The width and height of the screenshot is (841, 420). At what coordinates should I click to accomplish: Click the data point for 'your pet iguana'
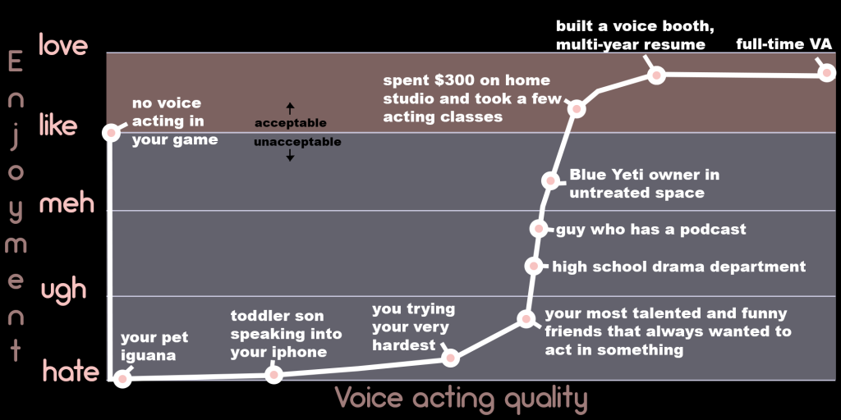pos(122,379)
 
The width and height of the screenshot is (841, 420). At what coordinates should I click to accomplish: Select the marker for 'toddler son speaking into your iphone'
pos(273,374)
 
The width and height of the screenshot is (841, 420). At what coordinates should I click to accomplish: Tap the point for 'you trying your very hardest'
pos(451,358)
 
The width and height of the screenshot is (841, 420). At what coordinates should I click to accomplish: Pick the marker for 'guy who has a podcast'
pos(539,229)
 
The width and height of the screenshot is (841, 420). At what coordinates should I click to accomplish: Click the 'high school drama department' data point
pos(534,266)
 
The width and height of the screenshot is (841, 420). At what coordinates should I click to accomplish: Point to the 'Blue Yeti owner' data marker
pos(550,180)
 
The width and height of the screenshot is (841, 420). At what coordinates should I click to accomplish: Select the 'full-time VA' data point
pos(827,72)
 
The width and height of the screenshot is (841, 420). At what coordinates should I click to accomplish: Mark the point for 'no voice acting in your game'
pos(111,132)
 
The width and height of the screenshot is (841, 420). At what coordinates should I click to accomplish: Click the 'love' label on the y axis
pos(62,45)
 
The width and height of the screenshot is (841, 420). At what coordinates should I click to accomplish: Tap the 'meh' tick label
pos(67,204)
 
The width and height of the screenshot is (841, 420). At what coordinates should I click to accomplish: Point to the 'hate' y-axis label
pos(71,372)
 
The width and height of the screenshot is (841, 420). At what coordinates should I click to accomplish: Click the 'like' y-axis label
pos(58,126)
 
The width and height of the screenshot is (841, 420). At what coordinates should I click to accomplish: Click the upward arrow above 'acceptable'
pos(290,108)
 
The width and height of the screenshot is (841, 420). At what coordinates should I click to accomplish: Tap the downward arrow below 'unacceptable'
pos(290,155)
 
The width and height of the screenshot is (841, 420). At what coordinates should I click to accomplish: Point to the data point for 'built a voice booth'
pos(656,75)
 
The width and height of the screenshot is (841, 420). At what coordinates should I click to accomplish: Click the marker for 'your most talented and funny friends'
pos(526,319)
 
